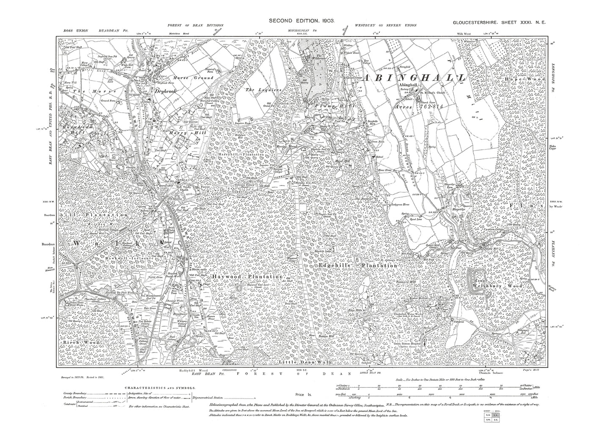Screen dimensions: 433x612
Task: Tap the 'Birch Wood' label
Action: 80,341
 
